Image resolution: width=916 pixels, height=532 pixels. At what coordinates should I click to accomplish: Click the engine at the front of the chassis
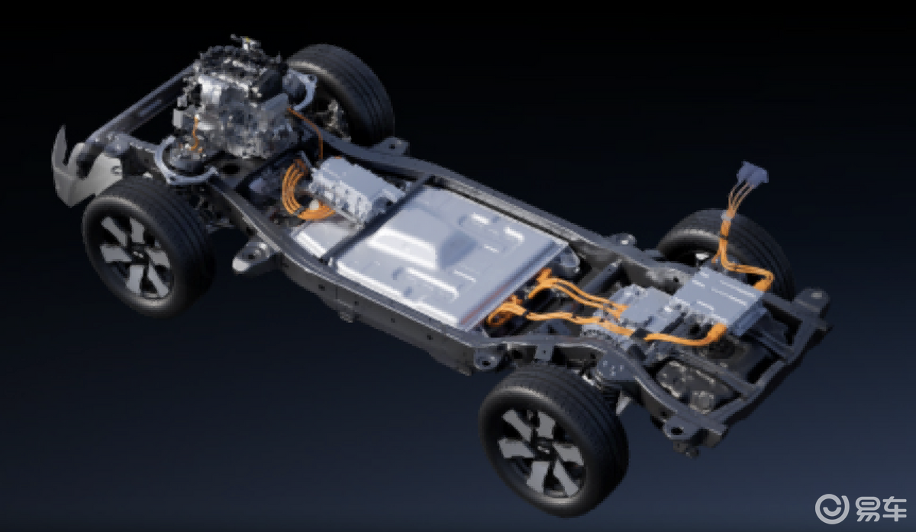[233, 100]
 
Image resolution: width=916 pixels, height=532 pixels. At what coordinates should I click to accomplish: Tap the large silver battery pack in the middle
[429, 253]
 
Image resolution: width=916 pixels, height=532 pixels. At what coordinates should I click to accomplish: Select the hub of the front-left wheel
[135, 256]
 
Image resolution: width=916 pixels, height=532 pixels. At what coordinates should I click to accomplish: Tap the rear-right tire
[728, 245]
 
